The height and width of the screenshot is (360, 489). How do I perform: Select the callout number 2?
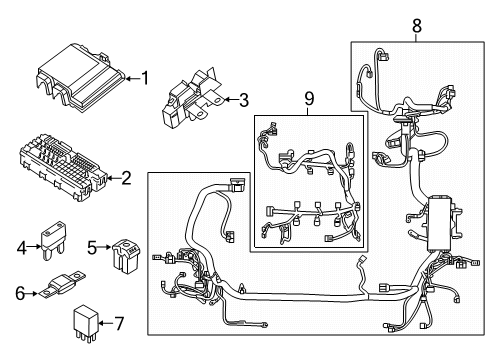click(126, 179)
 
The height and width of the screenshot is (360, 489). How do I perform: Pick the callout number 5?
click(90, 246)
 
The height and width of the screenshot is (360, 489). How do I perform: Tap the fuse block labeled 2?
click(60, 162)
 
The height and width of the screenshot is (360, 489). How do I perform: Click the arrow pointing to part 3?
click(228, 99)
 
